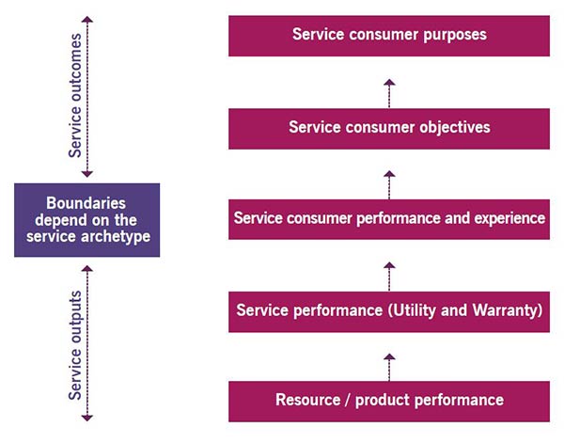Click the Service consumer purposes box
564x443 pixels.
coord(389,36)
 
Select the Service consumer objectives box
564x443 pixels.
coord(389,129)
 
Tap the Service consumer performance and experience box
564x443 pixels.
coord(389,219)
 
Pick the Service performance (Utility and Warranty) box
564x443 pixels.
coord(389,312)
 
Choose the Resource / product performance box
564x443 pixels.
coord(389,402)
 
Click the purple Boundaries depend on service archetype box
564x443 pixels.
coord(87,220)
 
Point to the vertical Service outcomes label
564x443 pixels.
coord(75,96)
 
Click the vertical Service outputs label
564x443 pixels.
coord(75,345)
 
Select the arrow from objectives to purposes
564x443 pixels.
coord(389,93)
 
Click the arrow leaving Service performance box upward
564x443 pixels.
coord(389,277)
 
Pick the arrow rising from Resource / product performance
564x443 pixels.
coord(389,367)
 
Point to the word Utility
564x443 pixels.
coord(415,310)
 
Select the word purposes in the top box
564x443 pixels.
coord(455,35)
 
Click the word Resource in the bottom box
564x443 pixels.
coord(308,400)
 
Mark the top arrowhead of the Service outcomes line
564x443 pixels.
coord(87,19)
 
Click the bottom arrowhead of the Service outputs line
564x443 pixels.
coord(87,418)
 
